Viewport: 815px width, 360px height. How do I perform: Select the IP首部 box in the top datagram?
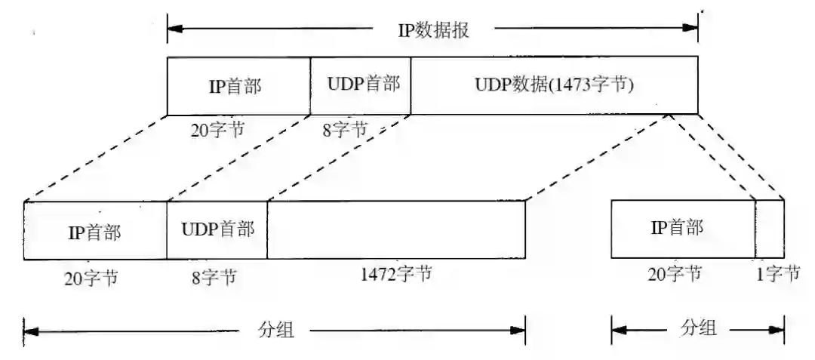[238, 86]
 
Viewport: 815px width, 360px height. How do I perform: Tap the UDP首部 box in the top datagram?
[361, 85]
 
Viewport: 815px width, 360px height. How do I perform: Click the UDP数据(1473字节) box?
[554, 85]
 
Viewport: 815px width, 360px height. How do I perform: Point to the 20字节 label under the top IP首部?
[217, 129]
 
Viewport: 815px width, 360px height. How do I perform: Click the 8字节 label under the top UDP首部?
[345, 129]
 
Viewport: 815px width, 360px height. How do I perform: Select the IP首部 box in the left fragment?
[95, 231]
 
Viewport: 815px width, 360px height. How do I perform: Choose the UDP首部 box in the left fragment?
[217, 229]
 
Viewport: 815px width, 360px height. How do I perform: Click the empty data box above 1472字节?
[396, 230]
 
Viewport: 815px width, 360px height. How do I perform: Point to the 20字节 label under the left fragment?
[91, 277]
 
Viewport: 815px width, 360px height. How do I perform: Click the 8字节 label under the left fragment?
[214, 277]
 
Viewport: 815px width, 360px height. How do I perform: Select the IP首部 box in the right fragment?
[682, 229]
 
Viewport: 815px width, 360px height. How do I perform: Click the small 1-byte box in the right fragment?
[770, 229]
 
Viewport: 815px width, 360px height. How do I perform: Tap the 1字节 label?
[777, 274]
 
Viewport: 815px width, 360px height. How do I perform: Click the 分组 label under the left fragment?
[275, 330]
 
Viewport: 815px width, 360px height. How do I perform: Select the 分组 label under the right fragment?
[699, 328]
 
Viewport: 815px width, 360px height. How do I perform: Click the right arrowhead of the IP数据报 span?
[690, 29]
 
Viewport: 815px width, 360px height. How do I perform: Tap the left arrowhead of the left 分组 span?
[31, 330]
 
